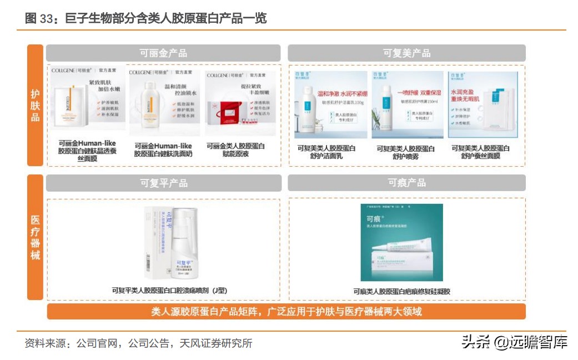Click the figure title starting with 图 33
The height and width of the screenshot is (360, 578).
(146, 18)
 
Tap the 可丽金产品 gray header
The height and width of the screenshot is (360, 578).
(163, 53)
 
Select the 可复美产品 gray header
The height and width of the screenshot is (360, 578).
(406, 53)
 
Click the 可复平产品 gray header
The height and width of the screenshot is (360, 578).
(163, 183)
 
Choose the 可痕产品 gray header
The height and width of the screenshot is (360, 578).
(406, 183)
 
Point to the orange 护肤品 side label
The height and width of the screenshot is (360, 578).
(35, 106)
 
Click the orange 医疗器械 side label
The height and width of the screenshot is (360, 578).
(35, 237)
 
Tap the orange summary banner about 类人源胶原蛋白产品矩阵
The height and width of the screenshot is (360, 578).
(286, 311)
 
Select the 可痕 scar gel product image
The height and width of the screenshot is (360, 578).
(402, 243)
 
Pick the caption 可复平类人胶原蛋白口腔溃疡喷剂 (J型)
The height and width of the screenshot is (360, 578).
(169, 290)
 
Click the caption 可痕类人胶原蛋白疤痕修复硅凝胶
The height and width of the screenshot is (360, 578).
(402, 291)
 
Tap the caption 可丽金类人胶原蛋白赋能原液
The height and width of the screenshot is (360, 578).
(235, 149)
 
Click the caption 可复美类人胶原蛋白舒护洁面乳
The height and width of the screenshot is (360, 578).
(326, 152)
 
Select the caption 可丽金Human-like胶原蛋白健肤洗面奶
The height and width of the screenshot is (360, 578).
(163, 149)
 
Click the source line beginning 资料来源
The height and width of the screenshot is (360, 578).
(138, 343)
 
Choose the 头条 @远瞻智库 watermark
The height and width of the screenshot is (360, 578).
(514, 342)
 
